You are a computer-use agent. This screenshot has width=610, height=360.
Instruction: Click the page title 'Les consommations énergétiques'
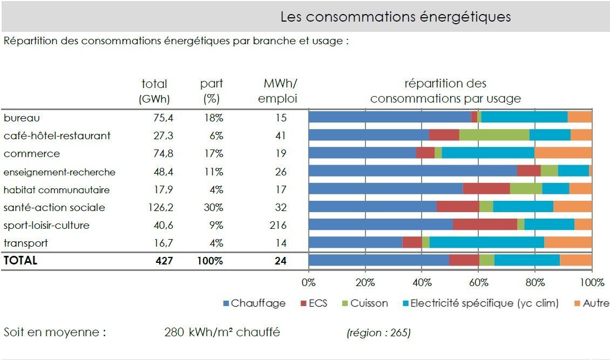pyautogui.click(x=395, y=17)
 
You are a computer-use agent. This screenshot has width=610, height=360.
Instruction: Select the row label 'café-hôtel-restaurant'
pyautogui.click(x=57, y=135)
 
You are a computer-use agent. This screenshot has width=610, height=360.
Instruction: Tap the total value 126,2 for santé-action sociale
pyautogui.click(x=160, y=207)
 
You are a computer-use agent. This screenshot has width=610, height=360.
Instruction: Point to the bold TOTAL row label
pyautogui.click(x=21, y=260)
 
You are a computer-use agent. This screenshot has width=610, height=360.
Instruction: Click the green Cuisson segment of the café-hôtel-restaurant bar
pyautogui.click(x=494, y=135)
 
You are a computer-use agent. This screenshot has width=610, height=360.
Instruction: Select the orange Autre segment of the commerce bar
pyautogui.click(x=563, y=153)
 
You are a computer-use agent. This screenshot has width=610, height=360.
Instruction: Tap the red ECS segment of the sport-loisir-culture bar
pyautogui.click(x=485, y=225)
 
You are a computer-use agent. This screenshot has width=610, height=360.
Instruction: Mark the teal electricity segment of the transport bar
pyautogui.click(x=486, y=243)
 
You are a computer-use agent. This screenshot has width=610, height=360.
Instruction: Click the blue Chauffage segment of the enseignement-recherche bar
pyautogui.click(x=412, y=171)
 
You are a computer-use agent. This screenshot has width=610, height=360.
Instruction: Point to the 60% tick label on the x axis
pyautogui.click(x=478, y=283)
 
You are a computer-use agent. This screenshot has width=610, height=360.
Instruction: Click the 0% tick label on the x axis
pyautogui.click(x=309, y=283)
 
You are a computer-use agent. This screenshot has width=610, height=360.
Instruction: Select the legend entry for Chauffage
pyautogui.click(x=254, y=303)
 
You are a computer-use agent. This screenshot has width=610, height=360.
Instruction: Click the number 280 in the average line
pyautogui.click(x=174, y=332)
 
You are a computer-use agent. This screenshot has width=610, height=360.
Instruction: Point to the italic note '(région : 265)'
pyautogui.click(x=378, y=332)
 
